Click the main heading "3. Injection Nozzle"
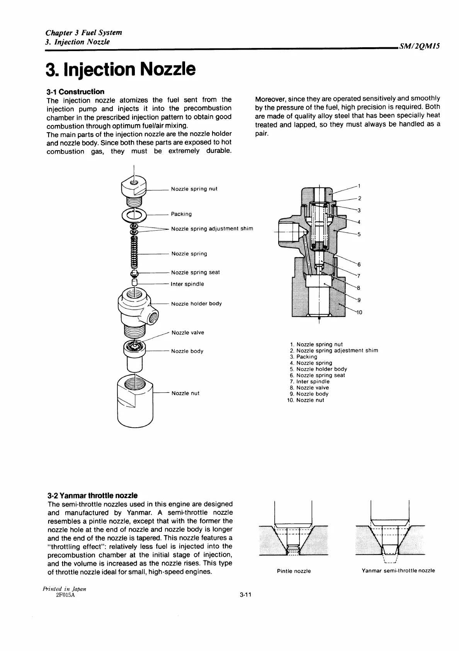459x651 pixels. point(121,70)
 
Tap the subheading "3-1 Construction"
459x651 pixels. point(75,92)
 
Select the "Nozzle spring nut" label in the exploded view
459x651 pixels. point(194,189)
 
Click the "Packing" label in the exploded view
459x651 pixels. point(181,214)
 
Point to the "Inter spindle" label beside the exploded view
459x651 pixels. point(187,284)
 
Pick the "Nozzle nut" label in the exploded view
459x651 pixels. point(185,393)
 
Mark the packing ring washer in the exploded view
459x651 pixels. point(134,214)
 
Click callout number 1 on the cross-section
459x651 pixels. point(359,185)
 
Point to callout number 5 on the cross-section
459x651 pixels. point(359,234)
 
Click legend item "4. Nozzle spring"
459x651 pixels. point(311,363)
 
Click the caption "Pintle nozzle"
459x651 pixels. point(294,571)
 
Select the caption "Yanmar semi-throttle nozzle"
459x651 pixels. point(398,570)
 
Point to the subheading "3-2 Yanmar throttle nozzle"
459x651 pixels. point(92,495)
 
